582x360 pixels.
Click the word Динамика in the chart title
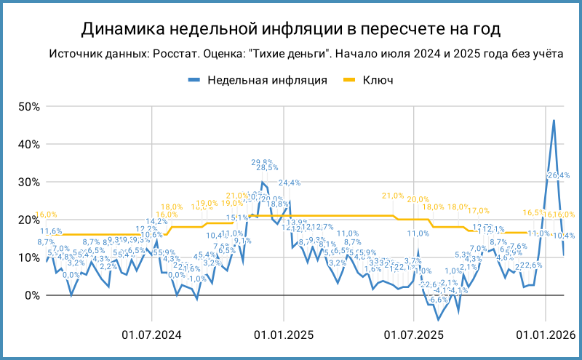pos(121,28)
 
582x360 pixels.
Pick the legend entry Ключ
pos(378,80)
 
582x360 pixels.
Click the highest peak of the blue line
pos(554,121)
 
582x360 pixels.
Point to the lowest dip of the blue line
pos(439,319)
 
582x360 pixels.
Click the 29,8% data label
pos(262,162)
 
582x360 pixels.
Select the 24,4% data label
pos(291,183)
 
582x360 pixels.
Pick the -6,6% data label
pos(438,300)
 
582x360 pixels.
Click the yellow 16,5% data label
pos(533,212)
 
